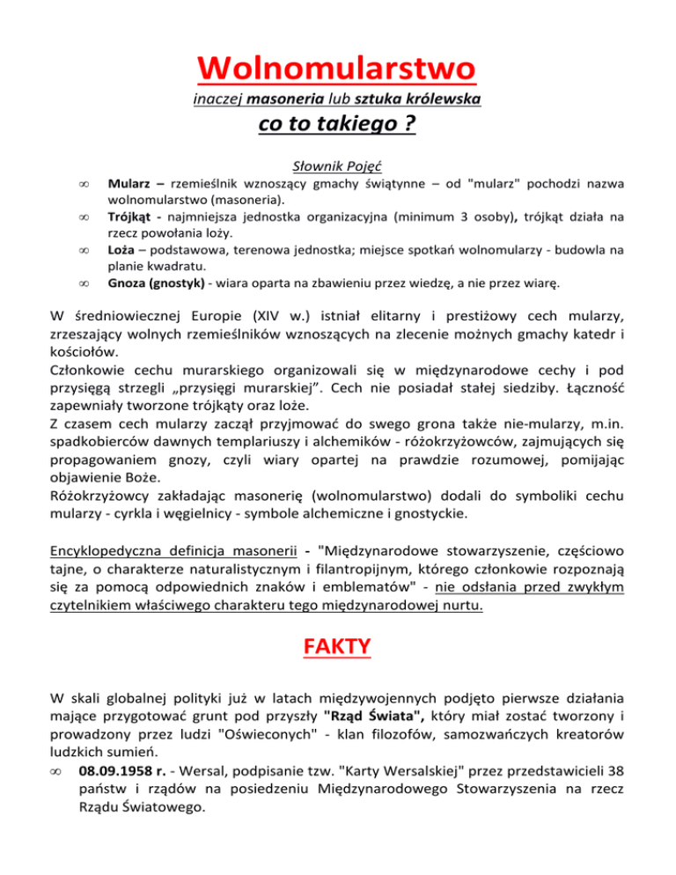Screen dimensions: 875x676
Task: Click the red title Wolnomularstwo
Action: click(x=337, y=67)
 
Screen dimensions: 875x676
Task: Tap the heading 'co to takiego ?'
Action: click(x=337, y=126)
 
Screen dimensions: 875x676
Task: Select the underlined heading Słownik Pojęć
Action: click(x=337, y=165)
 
